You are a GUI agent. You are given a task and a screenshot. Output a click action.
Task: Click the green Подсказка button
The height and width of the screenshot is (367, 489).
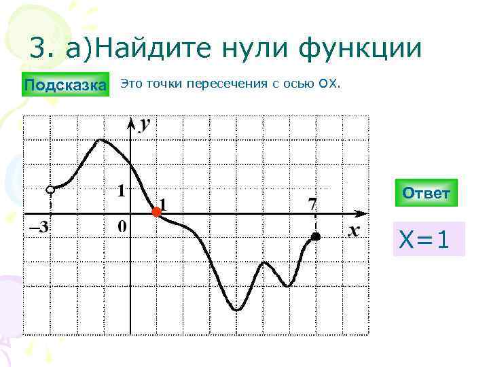(65, 85)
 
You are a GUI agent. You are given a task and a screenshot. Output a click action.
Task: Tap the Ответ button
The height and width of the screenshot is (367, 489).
(426, 193)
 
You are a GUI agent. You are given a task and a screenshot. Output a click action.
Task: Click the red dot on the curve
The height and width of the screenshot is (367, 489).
(156, 213)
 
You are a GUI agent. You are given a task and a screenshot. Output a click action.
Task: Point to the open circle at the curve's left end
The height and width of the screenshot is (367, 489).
(50, 189)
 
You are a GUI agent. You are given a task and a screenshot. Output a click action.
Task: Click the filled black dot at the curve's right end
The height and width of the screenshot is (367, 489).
(316, 237)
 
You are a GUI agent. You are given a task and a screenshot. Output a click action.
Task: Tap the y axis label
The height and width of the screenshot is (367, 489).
(145, 124)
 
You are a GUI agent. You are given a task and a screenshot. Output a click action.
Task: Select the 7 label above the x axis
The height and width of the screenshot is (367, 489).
(312, 203)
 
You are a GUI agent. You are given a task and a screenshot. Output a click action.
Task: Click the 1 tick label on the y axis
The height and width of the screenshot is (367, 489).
(121, 191)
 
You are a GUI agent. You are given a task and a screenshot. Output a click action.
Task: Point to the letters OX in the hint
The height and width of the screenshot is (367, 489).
(326, 84)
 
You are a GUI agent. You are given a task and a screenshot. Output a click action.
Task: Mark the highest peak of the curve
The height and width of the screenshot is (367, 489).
(101, 139)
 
